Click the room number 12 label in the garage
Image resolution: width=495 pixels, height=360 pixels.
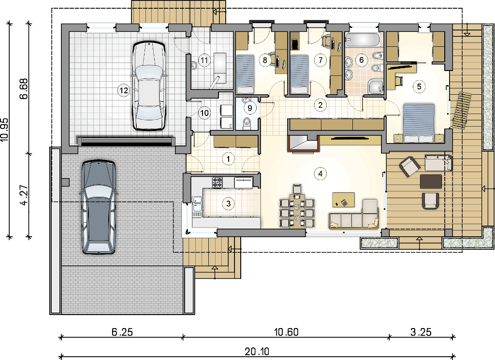123,90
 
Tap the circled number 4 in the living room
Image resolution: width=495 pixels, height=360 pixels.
320,173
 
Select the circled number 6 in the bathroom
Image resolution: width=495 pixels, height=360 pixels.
362,60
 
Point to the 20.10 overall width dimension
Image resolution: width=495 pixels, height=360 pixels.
257,351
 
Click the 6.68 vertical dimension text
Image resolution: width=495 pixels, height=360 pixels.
24,89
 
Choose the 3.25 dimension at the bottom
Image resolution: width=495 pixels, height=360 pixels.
421,332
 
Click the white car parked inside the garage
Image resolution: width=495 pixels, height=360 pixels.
149,85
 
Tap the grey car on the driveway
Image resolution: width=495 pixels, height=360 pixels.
99,207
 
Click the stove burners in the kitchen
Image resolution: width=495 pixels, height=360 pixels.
217,183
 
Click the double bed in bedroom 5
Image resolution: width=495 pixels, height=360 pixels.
418,123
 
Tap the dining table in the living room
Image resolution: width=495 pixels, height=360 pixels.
297,210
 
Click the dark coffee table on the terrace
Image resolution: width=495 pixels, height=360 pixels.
431,182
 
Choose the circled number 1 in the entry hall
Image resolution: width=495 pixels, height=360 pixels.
228,158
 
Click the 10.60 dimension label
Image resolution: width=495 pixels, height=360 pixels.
286,332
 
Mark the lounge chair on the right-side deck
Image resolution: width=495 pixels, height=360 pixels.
462,110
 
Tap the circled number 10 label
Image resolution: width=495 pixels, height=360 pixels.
204,113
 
